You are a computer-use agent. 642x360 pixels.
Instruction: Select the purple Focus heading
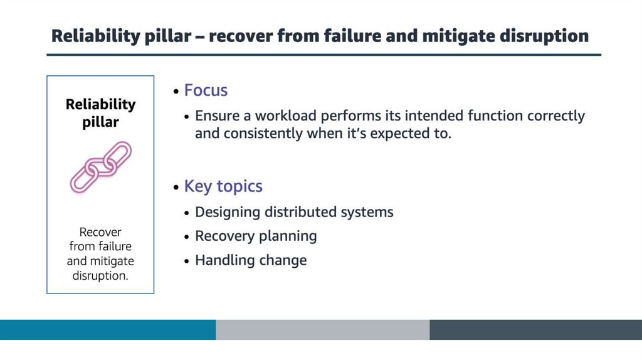(206, 90)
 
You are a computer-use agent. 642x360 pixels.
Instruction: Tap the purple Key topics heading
(223, 186)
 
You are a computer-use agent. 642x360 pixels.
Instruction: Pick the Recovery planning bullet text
(256, 236)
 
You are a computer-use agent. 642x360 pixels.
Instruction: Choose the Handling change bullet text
(251, 260)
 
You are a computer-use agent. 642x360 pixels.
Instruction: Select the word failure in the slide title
(352, 36)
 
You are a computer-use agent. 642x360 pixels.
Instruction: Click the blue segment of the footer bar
(108, 330)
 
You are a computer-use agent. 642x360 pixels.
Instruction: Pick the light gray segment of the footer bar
(323, 330)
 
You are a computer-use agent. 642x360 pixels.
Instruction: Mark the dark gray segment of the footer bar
(536, 330)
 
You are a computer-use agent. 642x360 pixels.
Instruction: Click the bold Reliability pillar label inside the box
(100, 113)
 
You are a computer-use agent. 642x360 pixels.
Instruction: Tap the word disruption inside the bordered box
(100, 275)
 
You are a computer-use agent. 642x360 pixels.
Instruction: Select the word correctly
(556, 116)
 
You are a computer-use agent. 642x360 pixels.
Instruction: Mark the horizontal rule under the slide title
(324, 55)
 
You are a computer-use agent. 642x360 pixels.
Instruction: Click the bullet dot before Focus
(176, 92)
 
